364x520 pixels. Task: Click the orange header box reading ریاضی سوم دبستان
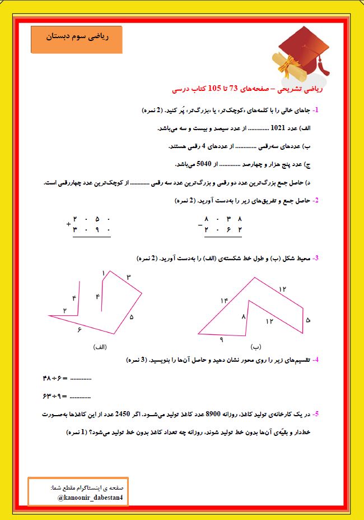click(76, 38)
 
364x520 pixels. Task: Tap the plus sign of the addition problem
click(68, 224)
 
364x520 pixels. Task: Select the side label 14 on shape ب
click(225, 301)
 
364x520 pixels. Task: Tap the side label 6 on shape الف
click(80, 330)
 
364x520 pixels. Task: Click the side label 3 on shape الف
click(128, 277)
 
